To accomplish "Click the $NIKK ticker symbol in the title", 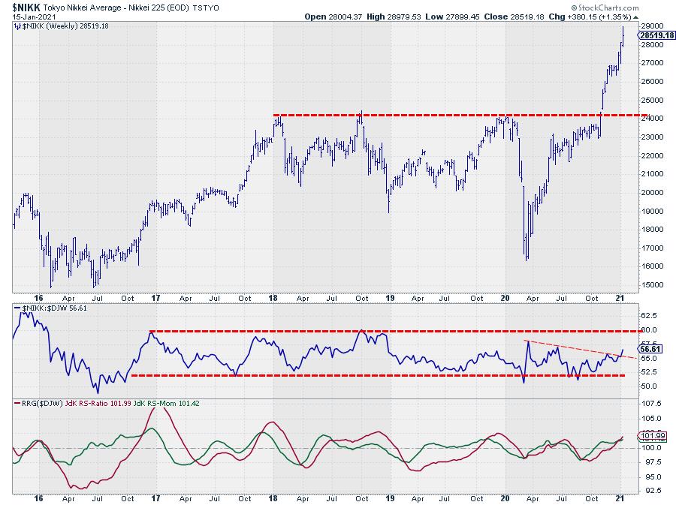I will pos(24,6).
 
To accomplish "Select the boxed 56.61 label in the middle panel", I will pos(650,349).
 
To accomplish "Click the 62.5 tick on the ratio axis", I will pos(650,316).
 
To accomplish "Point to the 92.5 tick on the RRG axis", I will pos(650,491).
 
